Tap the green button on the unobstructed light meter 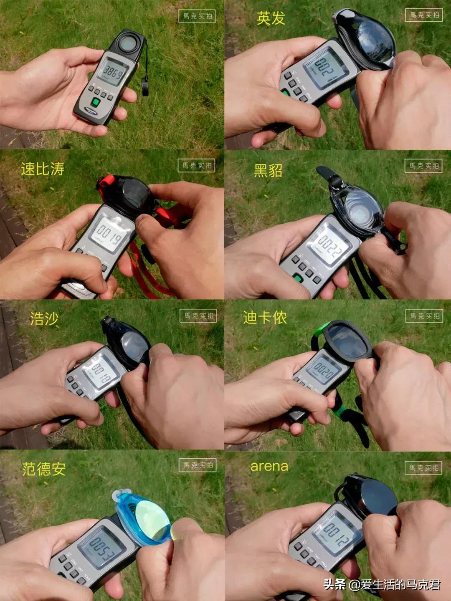(x=95, y=101)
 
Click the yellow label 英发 (x=271, y=18)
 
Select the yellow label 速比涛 (x=43, y=169)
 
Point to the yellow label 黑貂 (x=268, y=170)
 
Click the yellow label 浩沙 (x=44, y=319)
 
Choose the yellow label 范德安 (x=44, y=469)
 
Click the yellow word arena (x=269, y=467)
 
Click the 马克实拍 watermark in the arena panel (x=424, y=467)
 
